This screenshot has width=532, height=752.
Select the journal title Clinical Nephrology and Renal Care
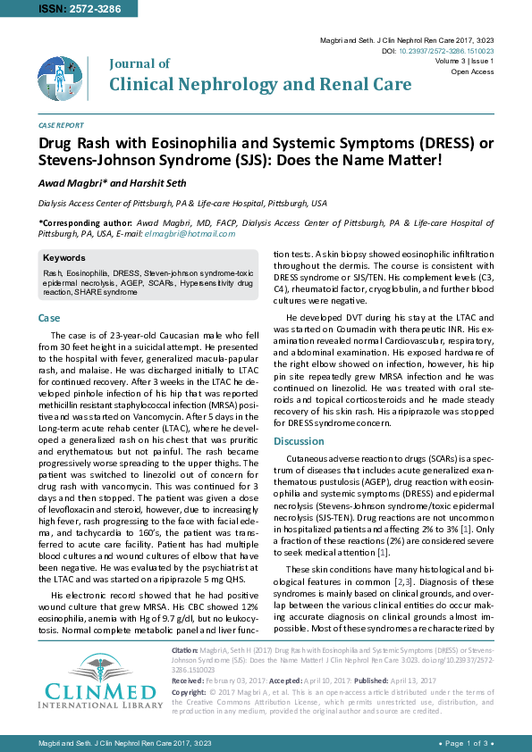260,84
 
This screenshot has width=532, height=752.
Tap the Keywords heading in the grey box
64,258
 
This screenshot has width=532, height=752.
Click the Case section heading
49,318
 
